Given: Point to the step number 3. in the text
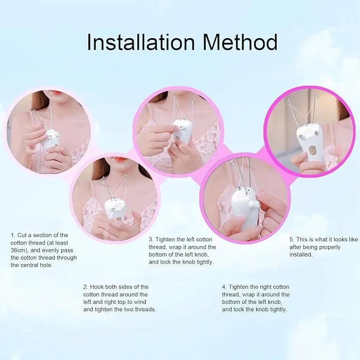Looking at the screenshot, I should [x=151, y=239].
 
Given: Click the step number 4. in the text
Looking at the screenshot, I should [x=224, y=287].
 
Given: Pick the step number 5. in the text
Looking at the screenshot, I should [x=292, y=239].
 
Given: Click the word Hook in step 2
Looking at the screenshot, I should [x=98, y=287].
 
